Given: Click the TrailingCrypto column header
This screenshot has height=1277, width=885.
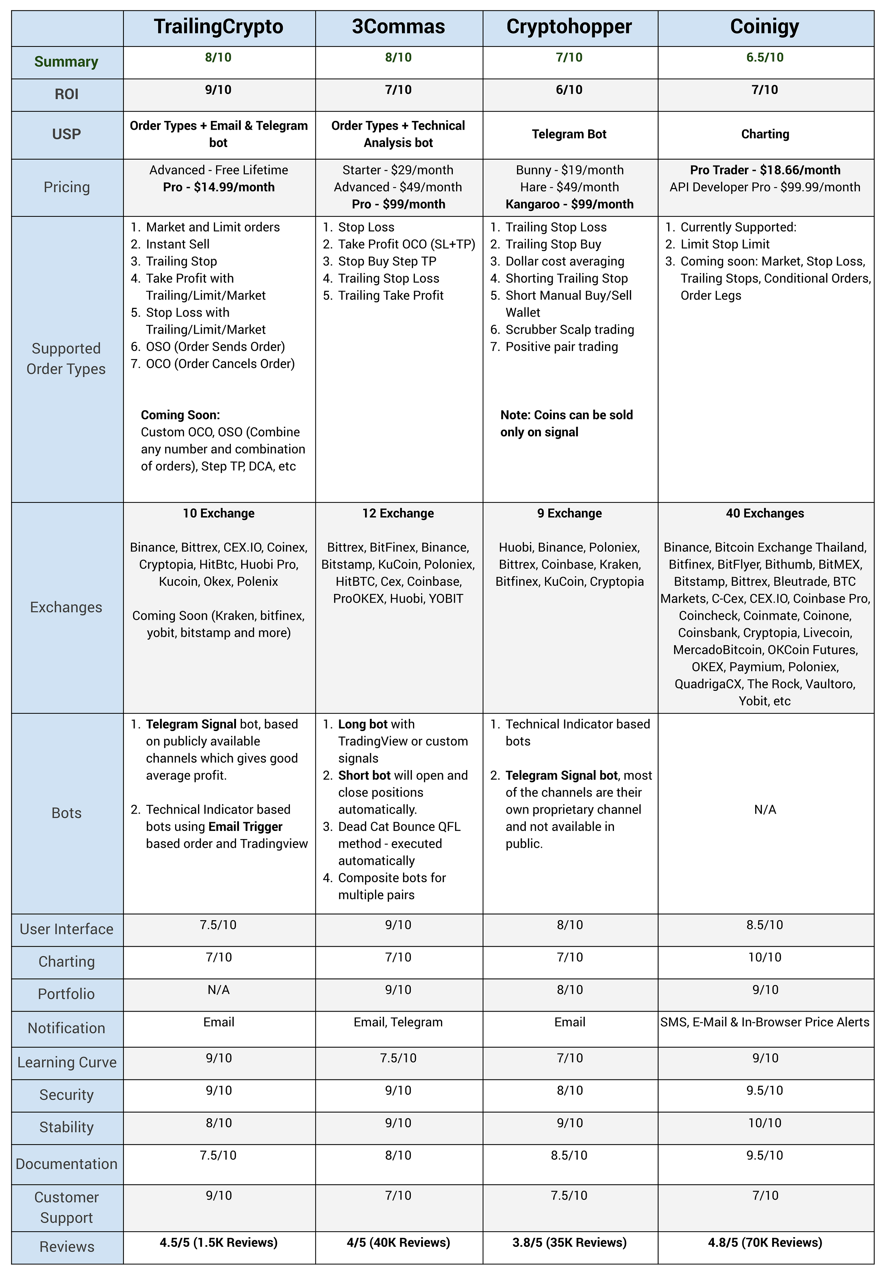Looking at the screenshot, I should (218, 27).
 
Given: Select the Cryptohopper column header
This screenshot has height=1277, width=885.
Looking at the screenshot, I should (569, 27).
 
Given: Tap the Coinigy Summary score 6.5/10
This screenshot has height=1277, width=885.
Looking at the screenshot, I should (765, 58).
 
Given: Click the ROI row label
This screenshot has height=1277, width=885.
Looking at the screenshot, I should (66, 94).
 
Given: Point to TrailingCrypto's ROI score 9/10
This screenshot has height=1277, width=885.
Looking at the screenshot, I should (218, 90).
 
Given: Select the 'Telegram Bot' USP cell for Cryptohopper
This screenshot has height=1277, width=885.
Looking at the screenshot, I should (569, 134).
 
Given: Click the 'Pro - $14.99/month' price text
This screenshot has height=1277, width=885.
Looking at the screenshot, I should (218, 187).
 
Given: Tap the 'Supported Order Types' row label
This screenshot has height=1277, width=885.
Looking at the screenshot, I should (66, 359).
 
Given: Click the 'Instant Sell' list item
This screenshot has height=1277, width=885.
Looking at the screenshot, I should (177, 244).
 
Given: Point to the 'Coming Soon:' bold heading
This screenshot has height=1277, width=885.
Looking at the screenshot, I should (180, 415).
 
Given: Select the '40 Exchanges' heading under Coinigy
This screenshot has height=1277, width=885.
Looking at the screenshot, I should (765, 513).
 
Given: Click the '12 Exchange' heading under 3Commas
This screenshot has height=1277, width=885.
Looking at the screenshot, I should (398, 513).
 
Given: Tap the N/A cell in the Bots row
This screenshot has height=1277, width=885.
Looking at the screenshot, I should (765, 810).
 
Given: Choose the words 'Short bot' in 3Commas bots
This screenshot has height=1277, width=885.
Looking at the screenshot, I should (362, 775).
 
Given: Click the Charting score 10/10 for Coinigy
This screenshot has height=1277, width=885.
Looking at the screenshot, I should (765, 957).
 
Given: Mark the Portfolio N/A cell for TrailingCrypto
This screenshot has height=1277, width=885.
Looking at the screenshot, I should (218, 990).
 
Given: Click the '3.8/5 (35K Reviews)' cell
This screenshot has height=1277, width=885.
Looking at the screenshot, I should (569, 1243).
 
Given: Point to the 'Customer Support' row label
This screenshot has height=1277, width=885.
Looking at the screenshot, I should (66, 1207).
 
